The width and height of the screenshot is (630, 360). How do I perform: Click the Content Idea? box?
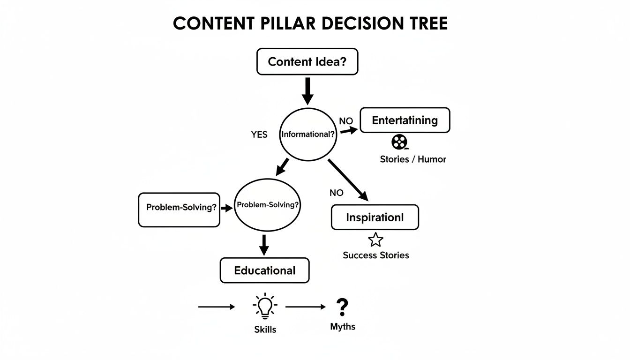coord(307,61)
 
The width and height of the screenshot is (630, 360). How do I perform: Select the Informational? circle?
coord(308,134)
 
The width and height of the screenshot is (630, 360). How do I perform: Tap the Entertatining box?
coord(405,120)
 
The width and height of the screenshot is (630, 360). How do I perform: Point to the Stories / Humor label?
coord(413,159)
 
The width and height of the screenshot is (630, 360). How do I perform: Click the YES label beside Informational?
coord(259,135)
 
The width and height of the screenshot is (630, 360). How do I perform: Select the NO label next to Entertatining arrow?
coord(346,121)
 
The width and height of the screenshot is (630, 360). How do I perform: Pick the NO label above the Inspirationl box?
coord(337,193)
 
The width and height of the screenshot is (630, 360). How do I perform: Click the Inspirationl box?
coord(375,217)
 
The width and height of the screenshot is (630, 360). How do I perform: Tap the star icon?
coord(375,240)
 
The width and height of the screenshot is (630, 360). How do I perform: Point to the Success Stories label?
coord(376,255)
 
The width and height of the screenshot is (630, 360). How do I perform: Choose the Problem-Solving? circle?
coord(267,205)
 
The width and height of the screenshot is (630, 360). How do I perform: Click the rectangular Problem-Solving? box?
coord(179,210)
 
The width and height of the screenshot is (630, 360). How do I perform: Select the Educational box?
coord(264,270)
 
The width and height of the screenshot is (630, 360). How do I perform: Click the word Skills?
coord(265,330)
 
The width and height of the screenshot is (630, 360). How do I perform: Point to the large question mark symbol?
coord(343,307)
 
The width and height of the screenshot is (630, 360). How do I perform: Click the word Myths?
coord(343,327)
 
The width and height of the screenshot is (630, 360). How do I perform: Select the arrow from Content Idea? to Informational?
coord(307,90)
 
